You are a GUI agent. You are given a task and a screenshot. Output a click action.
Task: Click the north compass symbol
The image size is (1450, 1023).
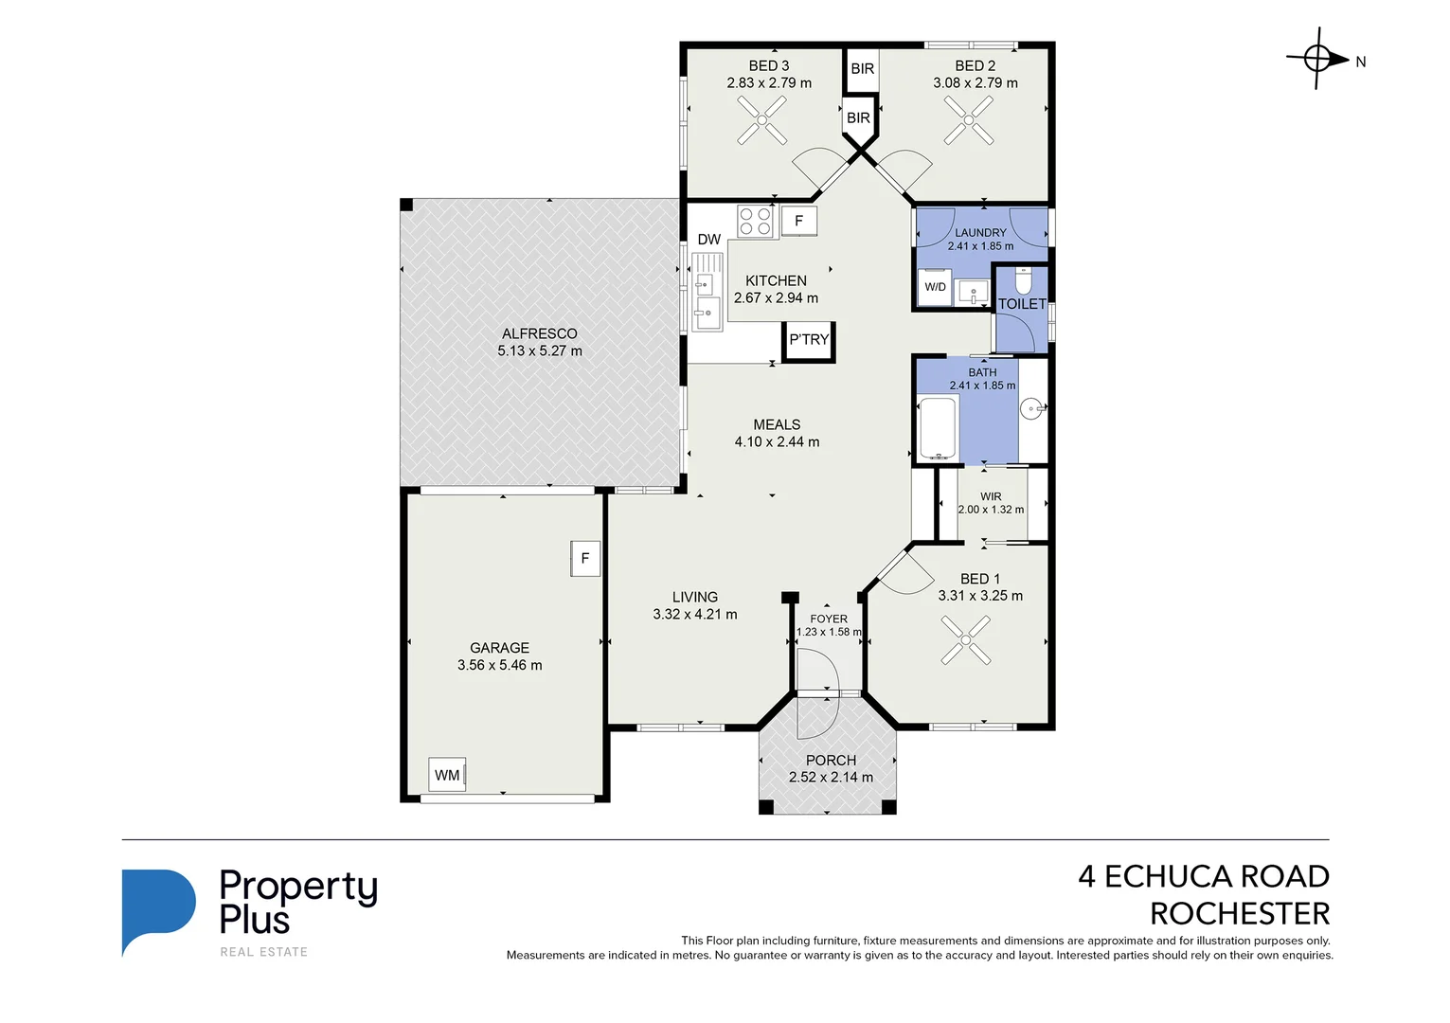(x=1317, y=59)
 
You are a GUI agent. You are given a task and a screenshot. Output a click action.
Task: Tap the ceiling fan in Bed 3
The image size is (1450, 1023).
(x=761, y=120)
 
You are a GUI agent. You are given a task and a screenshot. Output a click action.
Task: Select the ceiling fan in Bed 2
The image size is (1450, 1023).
(x=968, y=120)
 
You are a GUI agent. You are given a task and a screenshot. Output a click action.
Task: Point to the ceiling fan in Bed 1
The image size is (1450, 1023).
(x=966, y=639)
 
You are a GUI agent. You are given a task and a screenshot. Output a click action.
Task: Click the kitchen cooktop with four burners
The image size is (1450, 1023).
(x=756, y=221)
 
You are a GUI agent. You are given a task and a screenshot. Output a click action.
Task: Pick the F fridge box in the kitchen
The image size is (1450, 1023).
(x=798, y=221)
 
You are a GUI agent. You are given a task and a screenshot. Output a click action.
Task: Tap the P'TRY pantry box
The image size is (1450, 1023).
(x=809, y=341)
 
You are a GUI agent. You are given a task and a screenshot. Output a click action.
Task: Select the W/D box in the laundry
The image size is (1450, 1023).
(x=935, y=287)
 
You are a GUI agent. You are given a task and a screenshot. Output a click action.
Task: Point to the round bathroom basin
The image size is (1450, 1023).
(x=1031, y=408)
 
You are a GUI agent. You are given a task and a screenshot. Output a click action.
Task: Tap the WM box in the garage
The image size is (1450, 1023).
(x=447, y=775)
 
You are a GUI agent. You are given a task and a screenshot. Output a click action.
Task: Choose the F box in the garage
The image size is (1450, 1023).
(x=585, y=558)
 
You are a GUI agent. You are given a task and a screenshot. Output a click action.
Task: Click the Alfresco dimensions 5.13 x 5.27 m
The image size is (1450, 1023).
(x=540, y=350)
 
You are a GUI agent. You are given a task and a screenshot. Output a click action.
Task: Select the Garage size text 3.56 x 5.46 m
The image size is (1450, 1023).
(x=500, y=665)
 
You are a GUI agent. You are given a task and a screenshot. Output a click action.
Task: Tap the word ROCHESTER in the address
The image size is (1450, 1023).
(x=1240, y=913)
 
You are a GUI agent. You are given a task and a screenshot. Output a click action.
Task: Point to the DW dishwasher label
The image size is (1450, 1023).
(x=708, y=240)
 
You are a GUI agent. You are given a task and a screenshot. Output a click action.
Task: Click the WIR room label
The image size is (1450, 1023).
(x=991, y=496)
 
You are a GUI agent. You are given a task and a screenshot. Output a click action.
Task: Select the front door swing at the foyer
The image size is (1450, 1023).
(x=818, y=693)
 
